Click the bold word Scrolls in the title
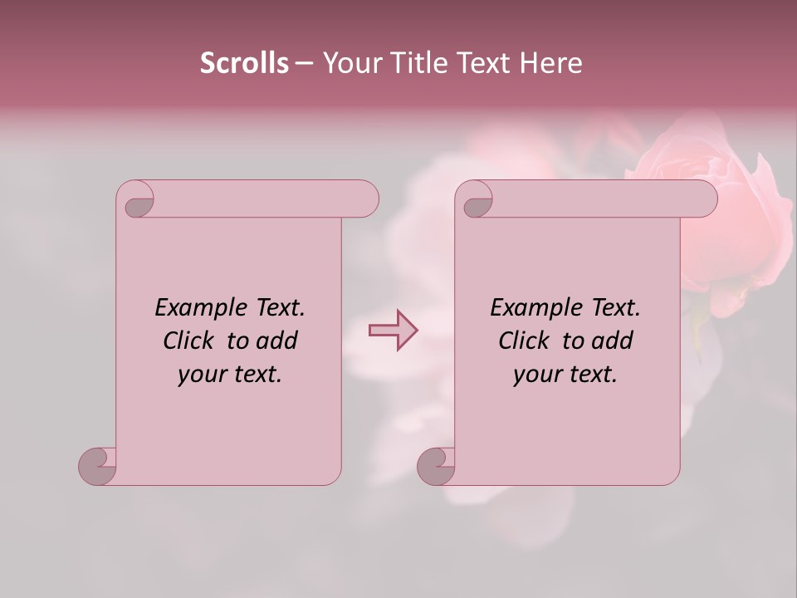point(244,62)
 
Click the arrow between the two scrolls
point(394,331)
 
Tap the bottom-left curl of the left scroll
point(96,465)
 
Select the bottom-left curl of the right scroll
point(435,465)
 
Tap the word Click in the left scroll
point(188,341)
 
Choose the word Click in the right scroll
point(524,341)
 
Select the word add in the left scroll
point(277,341)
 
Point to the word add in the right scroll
point(613,341)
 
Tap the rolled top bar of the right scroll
point(598,199)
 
